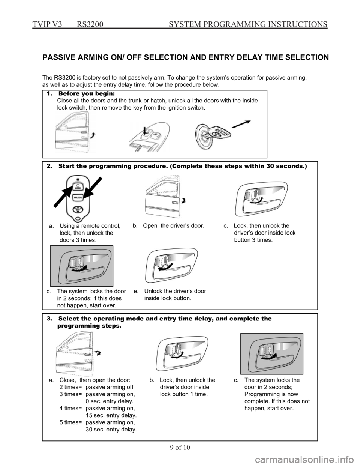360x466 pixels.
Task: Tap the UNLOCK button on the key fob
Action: [x=78, y=197]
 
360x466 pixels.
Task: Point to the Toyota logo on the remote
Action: [x=78, y=209]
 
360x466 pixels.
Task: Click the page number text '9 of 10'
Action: [x=180, y=448]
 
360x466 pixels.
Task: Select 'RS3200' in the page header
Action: [x=90, y=24]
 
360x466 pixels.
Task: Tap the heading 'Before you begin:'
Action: [x=87, y=94]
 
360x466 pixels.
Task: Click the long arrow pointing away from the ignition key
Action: [x=241, y=124]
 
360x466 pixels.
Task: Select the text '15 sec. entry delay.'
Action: [x=111, y=415]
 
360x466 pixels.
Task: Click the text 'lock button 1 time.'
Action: [x=184, y=394]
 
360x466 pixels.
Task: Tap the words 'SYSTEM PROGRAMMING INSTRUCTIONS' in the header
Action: [x=248, y=24]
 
